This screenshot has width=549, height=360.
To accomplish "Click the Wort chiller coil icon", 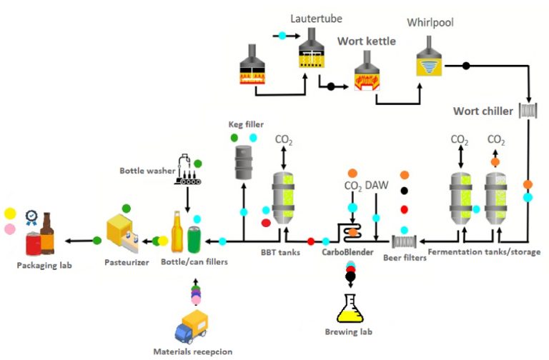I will (x=528, y=111).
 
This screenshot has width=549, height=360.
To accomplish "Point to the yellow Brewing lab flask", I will (x=350, y=309).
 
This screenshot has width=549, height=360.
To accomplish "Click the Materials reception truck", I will (x=192, y=326).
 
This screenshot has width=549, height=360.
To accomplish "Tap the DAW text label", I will (x=377, y=186).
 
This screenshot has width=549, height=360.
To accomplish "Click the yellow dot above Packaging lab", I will (x=9, y=214).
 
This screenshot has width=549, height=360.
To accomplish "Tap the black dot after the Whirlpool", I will (x=466, y=66).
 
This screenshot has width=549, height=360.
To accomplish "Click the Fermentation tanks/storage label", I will (x=484, y=252).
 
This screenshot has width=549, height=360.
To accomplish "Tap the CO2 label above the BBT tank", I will (x=284, y=139).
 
